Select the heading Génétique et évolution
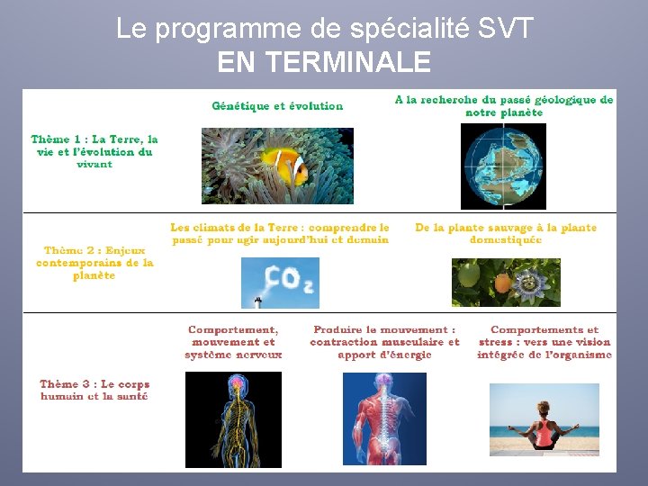click(277, 106)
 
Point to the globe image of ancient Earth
click(503, 166)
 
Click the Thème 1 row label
click(94, 151)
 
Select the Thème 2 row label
click(94, 263)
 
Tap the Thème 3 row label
click(94, 390)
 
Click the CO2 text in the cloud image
click(289, 279)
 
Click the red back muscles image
click(384, 418)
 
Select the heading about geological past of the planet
click(504, 106)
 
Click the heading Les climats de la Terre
click(280, 234)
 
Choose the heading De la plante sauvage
click(506, 234)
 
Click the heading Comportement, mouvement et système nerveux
click(233, 342)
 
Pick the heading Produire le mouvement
click(384, 342)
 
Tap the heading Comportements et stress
click(544, 342)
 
